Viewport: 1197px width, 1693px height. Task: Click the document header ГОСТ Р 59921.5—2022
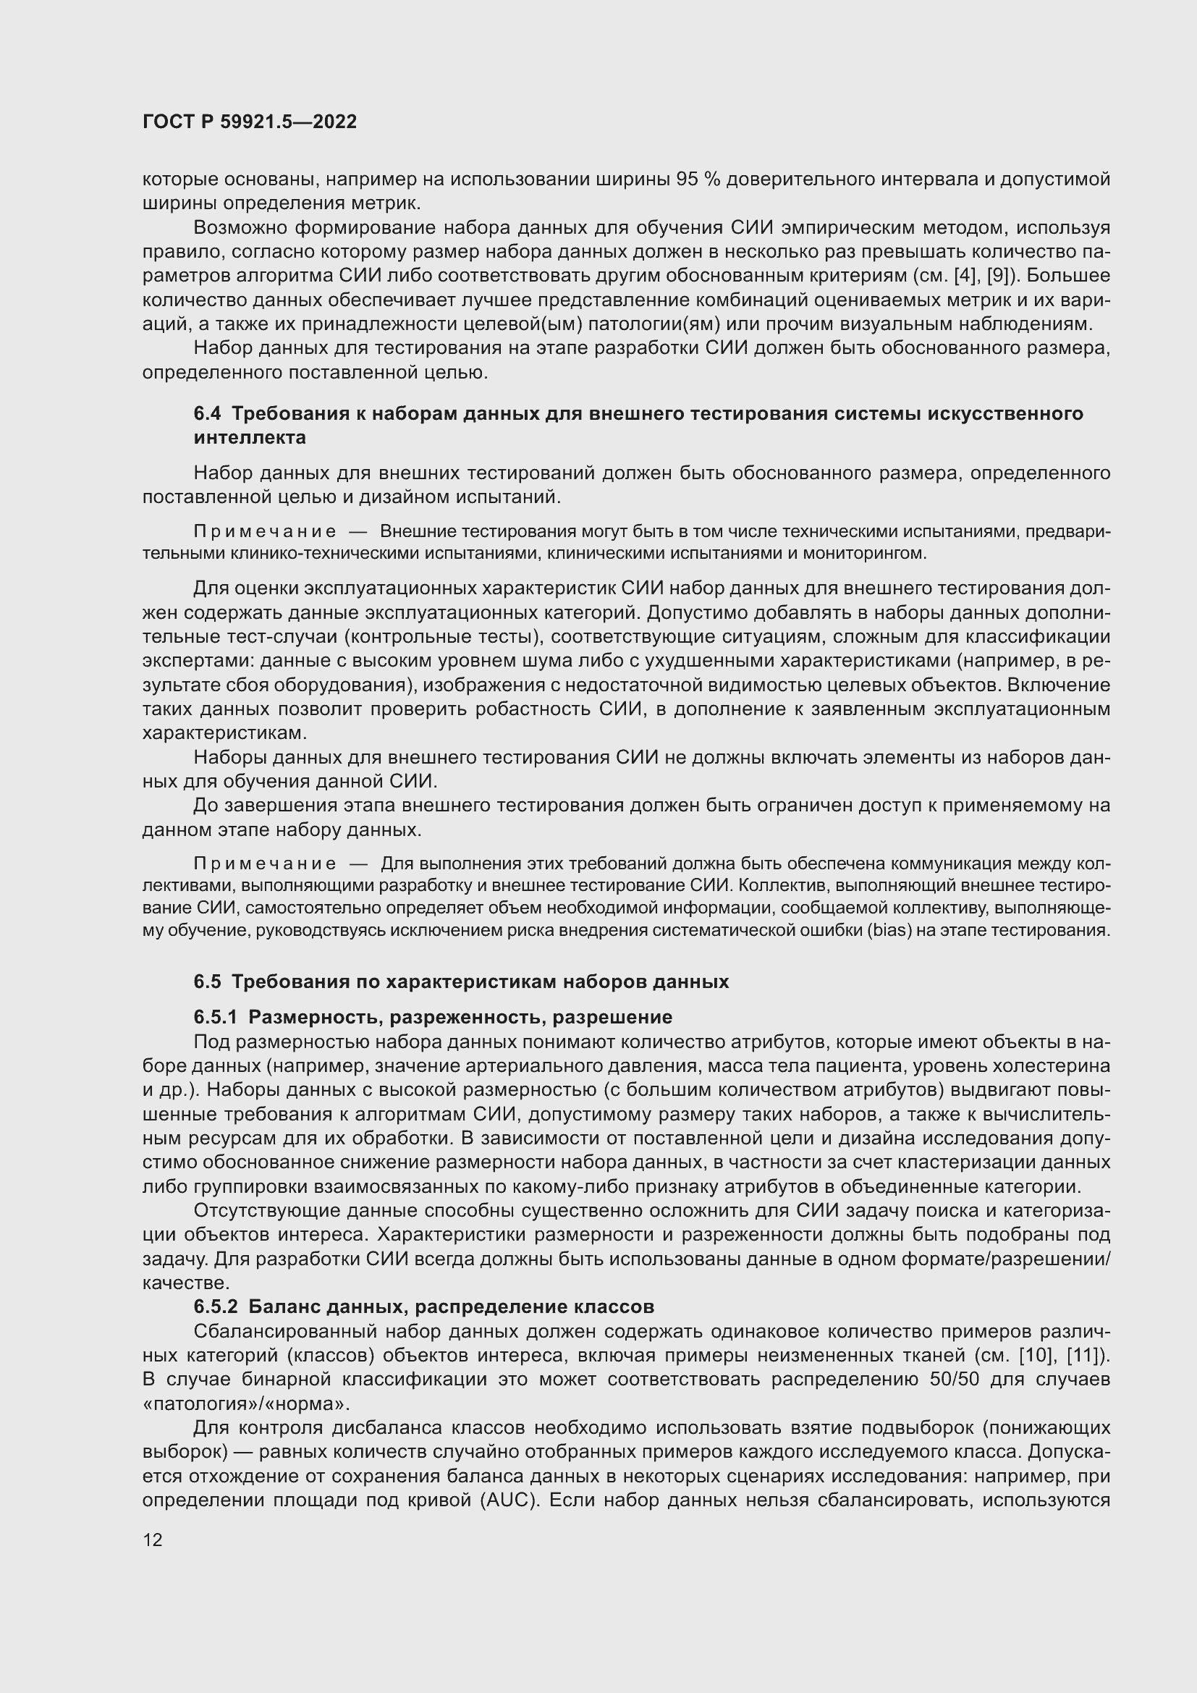point(249,122)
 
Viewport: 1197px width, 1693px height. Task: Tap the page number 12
point(153,1540)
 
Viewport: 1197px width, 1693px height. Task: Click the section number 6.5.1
point(215,1017)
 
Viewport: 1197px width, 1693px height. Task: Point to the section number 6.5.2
point(215,1306)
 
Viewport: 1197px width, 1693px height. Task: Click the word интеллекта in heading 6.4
point(250,438)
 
